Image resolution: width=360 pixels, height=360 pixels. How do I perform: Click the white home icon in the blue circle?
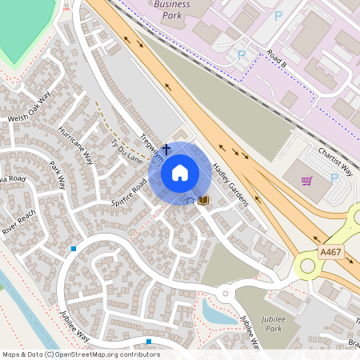[180, 172]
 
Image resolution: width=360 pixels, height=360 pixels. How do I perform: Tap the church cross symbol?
[166, 149]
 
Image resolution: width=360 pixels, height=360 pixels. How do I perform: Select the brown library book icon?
[202, 199]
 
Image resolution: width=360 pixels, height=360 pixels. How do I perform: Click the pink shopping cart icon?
[306, 181]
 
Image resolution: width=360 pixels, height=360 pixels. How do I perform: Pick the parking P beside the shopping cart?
[334, 178]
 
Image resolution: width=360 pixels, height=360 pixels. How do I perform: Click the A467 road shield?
[330, 252]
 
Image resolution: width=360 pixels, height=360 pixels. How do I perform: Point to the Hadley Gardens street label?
[230, 185]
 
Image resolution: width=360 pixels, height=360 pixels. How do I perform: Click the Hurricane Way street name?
[75, 145]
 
